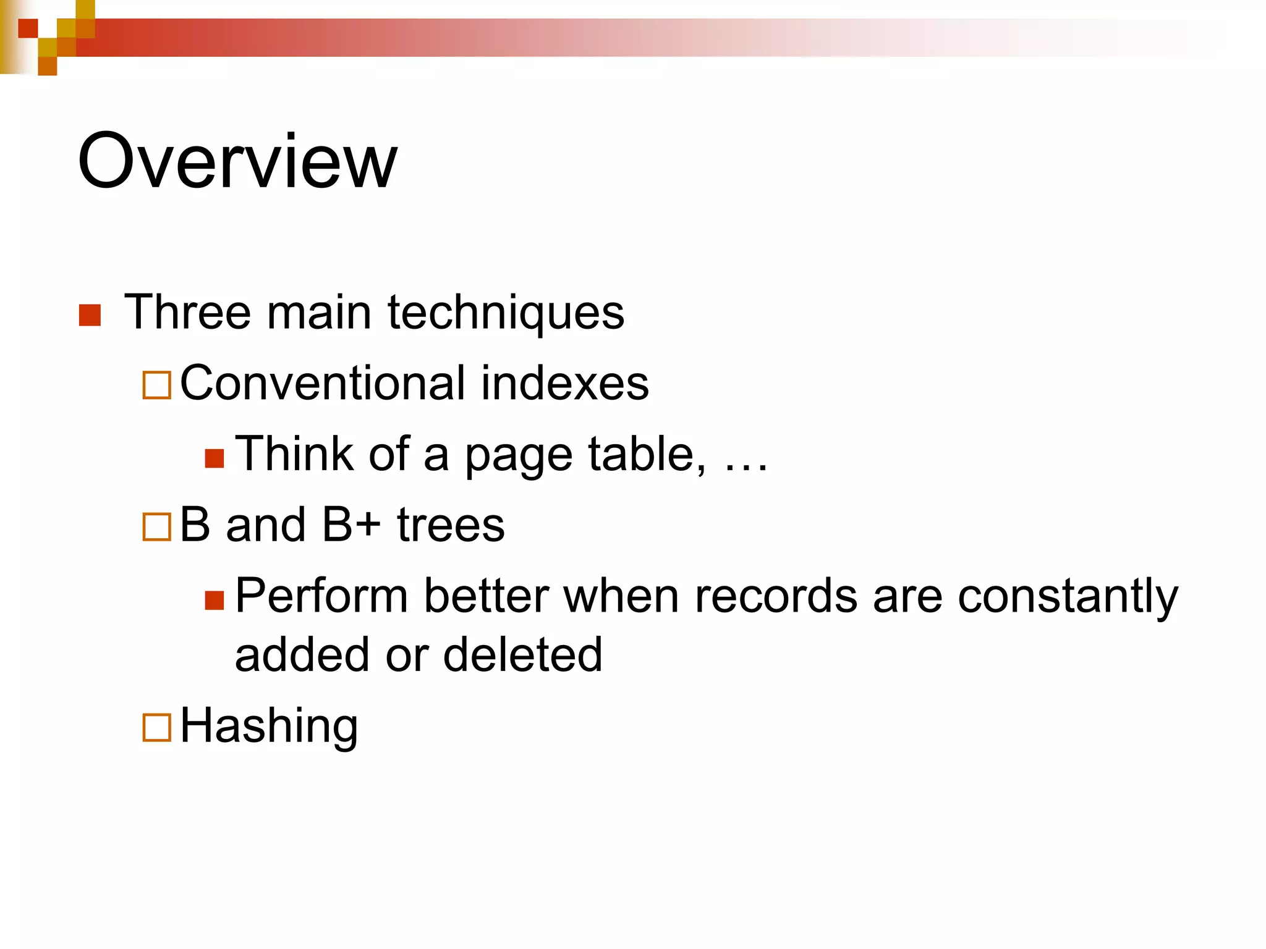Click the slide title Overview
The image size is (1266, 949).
(237, 162)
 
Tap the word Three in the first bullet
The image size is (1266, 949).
(187, 313)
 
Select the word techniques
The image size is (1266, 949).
(506, 313)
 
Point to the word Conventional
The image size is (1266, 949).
(322, 383)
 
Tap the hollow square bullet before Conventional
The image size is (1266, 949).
(156, 385)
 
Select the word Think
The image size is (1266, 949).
(294, 454)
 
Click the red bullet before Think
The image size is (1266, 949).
(214, 458)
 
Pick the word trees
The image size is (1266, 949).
(451, 525)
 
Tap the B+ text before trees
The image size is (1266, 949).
(351, 525)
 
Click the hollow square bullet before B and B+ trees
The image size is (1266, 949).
(156, 527)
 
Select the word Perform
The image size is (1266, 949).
(321, 596)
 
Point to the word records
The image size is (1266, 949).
(776, 596)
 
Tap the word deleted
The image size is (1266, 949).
(522, 655)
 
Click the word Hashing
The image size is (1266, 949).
(269, 727)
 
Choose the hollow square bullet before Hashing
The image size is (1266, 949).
(156, 728)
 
